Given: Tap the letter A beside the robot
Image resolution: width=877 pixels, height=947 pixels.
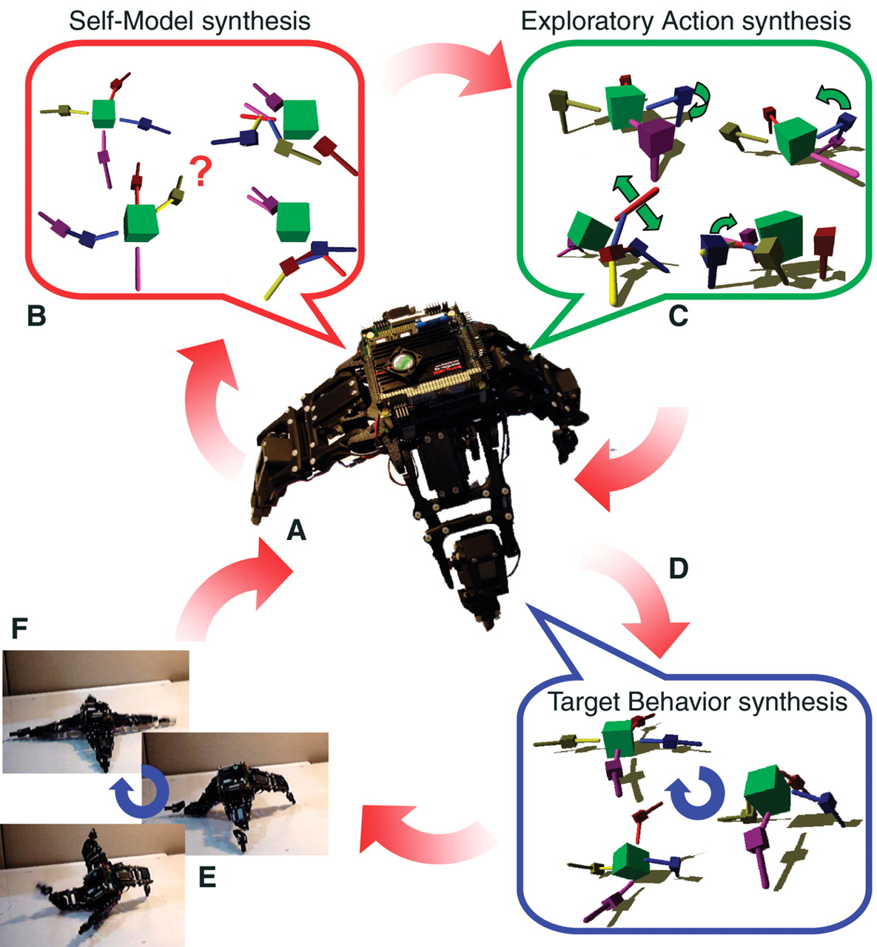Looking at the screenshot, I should click(295, 530).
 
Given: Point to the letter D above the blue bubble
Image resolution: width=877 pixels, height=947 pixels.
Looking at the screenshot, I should click(678, 568).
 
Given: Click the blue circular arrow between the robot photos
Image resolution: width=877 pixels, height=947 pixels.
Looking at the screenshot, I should click(139, 790).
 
